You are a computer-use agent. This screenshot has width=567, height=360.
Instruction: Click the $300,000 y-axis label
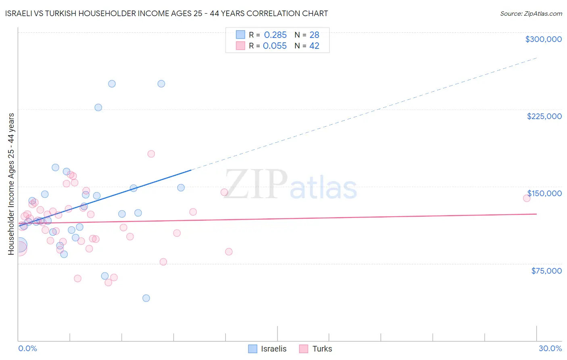click(x=543, y=39)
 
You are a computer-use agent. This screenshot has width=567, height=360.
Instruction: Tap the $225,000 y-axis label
click(x=544, y=116)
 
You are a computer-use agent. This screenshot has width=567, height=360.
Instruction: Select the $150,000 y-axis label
click(x=544, y=193)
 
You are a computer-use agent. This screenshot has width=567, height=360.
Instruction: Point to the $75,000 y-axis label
click(x=546, y=271)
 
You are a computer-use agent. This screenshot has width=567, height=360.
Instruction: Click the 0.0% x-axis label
click(x=27, y=348)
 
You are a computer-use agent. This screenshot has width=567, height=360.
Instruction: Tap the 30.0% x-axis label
click(x=550, y=348)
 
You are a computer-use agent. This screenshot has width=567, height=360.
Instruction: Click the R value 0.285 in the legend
click(x=275, y=35)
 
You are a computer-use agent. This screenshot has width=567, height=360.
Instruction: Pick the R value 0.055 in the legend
click(x=275, y=46)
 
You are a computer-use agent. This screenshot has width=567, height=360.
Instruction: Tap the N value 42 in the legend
click(x=314, y=46)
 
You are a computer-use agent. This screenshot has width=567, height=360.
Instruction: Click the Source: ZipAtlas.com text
click(x=531, y=14)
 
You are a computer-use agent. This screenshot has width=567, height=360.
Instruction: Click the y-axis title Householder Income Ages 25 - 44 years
click(x=11, y=184)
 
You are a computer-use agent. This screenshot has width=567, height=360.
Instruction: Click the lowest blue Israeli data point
click(x=146, y=298)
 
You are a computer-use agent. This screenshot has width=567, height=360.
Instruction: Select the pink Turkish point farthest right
click(x=526, y=198)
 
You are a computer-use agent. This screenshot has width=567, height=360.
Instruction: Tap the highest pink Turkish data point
click(x=151, y=154)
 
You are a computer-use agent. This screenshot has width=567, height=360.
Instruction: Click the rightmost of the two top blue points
click(x=161, y=84)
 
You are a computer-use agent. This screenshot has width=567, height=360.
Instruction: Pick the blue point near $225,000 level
click(x=98, y=107)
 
